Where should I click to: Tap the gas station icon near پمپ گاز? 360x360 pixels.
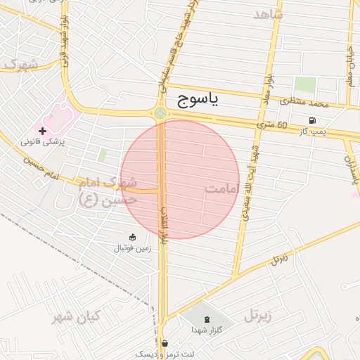(311, 120)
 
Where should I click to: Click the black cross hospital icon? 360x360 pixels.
(42, 131)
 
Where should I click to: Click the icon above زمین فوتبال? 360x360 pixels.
(133, 236)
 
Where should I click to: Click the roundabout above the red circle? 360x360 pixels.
(160, 113)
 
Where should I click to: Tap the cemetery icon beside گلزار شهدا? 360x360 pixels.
(205, 319)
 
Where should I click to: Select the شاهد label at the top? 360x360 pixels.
(267, 14)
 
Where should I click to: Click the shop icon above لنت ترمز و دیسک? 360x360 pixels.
(165, 344)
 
